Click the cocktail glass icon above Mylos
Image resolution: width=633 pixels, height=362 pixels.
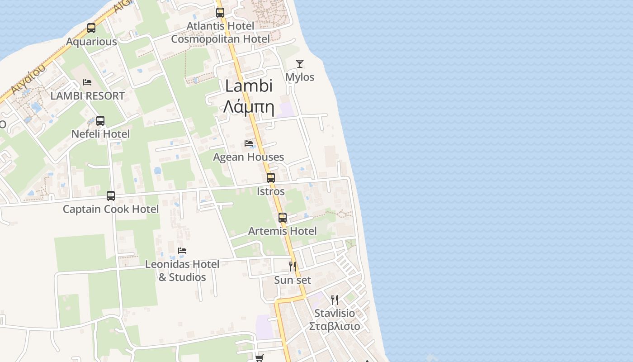[x=300, y=64]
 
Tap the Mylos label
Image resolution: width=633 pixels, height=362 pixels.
[x=300, y=77]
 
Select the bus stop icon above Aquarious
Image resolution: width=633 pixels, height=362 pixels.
[x=91, y=28]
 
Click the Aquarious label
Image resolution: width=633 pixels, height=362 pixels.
[x=91, y=42]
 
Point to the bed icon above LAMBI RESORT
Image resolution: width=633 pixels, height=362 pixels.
[x=87, y=82]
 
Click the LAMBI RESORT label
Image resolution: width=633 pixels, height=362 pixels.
[x=87, y=96]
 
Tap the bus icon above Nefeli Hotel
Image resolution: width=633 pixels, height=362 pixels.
[x=100, y=121]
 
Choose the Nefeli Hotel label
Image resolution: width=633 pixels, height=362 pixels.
[x=100, y=134]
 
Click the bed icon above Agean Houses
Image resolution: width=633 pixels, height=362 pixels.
[x=248, y=143]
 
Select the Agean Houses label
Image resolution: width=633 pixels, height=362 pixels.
[x=248, y=157]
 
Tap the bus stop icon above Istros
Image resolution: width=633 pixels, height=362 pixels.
[x=271, y=178]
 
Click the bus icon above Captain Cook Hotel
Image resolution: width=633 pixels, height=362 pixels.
[x=111, y=196]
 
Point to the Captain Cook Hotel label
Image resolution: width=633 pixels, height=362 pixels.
[x=111, y=209]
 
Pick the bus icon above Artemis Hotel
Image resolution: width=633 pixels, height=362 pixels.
[x=283, y=218]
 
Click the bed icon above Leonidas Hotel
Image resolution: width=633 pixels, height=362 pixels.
[x=182, y=250]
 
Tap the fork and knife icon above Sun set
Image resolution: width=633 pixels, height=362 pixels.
[x=293, y=266]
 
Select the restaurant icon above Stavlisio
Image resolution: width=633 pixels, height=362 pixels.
[x=335, y=300]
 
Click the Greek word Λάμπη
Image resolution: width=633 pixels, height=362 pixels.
[x=249, y=107]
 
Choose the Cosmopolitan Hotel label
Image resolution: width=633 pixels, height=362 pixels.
[x=220, y=39]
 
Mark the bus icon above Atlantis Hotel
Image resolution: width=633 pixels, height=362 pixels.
[x=220, y=13]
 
